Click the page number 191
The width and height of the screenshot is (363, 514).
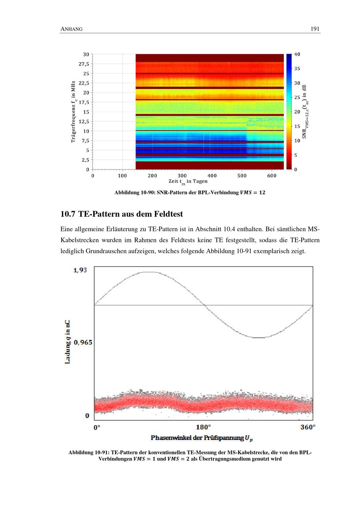(315, 29)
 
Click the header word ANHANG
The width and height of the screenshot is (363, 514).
(72, 29)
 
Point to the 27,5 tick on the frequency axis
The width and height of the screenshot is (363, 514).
(84, 64)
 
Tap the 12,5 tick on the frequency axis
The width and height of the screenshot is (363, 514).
(84, 121)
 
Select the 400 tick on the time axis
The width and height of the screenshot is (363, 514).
(212, 176)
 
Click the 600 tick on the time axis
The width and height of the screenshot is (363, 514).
(272, 176)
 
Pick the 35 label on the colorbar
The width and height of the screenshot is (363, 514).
(297, 68)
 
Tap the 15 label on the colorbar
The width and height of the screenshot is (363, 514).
(297, 126)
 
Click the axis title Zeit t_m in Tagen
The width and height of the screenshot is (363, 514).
(188, 181)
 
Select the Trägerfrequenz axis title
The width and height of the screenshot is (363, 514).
(73, 112)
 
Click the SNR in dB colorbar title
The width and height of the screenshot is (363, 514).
(305, 112)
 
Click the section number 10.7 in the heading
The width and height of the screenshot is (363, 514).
(68, 214)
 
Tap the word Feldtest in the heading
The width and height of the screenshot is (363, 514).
(168, 214)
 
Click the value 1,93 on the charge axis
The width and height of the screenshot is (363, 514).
(80, 270)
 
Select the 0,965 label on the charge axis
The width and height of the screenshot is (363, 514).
(83, 342)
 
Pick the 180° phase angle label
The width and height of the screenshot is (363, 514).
(203, 427)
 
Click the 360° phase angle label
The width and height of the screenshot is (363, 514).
(308, 427)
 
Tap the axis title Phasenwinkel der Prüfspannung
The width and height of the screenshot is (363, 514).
(201, 438)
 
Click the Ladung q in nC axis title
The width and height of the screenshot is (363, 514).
(68, 342)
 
